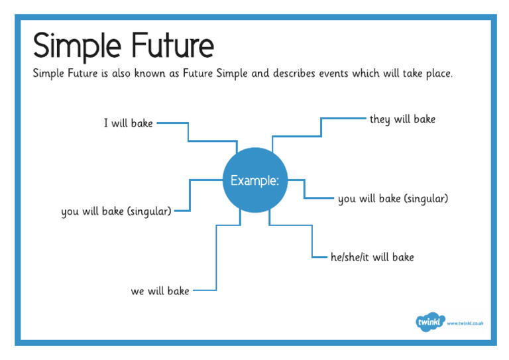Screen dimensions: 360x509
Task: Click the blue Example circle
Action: click(x=254, y=180)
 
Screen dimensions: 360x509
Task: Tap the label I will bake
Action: click(x=128, y=123)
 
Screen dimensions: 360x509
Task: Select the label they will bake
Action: click(x=402, y=119)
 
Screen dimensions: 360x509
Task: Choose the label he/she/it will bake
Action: click(x=372, y=257)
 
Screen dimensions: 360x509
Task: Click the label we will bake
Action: click(x=160, y=291)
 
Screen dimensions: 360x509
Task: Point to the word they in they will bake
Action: click(x=380, y=119)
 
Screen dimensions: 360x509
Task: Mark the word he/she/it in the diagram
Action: click(x=350, y=257)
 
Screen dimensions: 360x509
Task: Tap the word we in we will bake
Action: click(x=138, y=291)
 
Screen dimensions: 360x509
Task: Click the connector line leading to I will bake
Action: click(x=189, y=132)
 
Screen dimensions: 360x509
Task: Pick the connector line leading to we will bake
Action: click(x=216, y=259)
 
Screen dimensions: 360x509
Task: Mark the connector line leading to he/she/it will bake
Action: click(x=311, y=242)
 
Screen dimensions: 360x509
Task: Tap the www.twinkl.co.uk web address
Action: click(x=465, y=324)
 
